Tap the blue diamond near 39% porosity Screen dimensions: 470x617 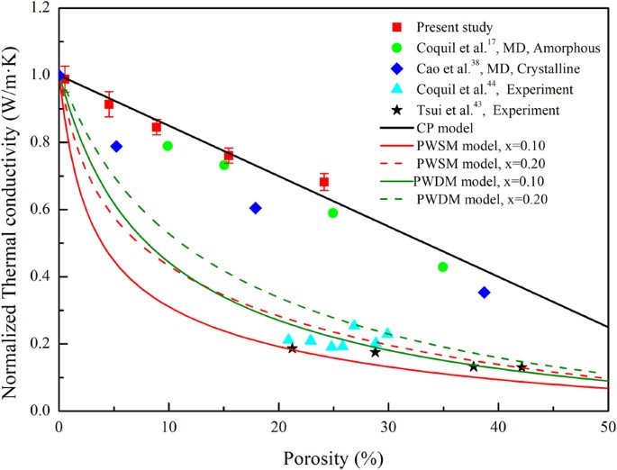[x=484, y=293]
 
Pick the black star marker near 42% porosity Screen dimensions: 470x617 [x=522, y=367]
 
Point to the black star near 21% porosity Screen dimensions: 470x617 [x=292, y=348]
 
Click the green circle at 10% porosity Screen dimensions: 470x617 [x=168, y=146]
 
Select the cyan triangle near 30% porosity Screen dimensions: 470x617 [x=387, y=333]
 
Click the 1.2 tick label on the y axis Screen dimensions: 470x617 [x=40, y=8]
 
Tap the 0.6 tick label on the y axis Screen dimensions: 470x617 [x=40, y=210]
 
